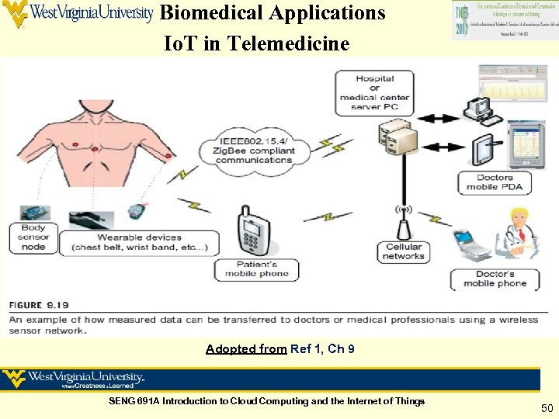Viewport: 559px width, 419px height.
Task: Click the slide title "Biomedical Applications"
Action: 272,13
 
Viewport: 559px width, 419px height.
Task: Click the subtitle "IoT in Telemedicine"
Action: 257,44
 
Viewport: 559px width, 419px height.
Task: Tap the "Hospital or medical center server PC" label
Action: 375,92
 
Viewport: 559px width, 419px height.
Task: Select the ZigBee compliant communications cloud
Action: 254,149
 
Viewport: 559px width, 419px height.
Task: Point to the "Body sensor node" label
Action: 33,237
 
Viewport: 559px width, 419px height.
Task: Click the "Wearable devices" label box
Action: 140,242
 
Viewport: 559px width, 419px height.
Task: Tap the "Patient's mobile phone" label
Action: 256,268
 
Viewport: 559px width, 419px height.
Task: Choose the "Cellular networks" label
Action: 404,251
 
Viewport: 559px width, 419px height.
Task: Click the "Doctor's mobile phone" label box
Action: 495,279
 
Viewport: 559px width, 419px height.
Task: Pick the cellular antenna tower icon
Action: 404,221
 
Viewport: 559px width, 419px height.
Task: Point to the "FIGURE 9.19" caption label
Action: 39,305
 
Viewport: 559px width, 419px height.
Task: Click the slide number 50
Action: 547,407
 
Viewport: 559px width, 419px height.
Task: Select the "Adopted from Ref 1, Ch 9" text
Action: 280,349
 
